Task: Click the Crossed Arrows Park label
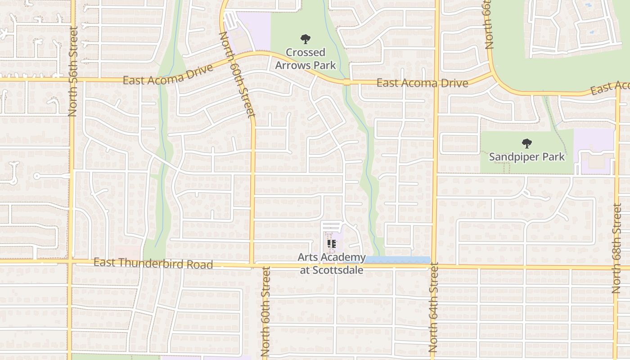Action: click(x=306, y=59)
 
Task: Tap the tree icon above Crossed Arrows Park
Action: click(x=306, y=39)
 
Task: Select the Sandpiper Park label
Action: click(x=526, y=157)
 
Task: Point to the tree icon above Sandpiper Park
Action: click(x=526, y=144)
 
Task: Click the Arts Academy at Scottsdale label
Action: click(x=332, y=264)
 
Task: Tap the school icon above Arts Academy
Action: click(x=332, y=244)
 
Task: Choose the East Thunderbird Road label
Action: click(x=153, y=263)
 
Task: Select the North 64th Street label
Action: click(x=433, y=308)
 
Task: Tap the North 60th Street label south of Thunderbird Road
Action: click(x=265, y=310)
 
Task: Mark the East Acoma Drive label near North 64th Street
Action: click(x=422, y=83)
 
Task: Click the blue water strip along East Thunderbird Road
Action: click(x=397, y=260)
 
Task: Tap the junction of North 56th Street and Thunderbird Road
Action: click(x=70, y=261)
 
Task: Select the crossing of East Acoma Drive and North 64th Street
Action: click(x=436, y=83)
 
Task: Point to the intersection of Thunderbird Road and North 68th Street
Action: click(x=616, y=268)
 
